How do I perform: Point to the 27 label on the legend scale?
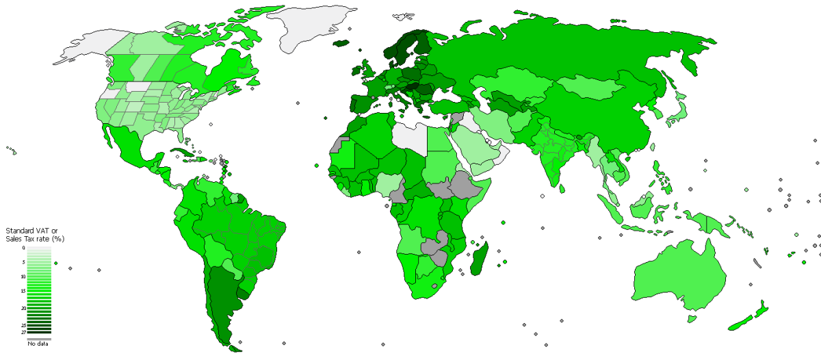(x=23, y=332)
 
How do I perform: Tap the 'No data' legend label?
(x=38, y=344)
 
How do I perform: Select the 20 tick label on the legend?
(x=23, y=309)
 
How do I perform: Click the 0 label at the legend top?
(x=23, y=248)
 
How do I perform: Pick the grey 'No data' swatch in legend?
(x=38, y=338)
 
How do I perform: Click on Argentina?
(x=220, y=301)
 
